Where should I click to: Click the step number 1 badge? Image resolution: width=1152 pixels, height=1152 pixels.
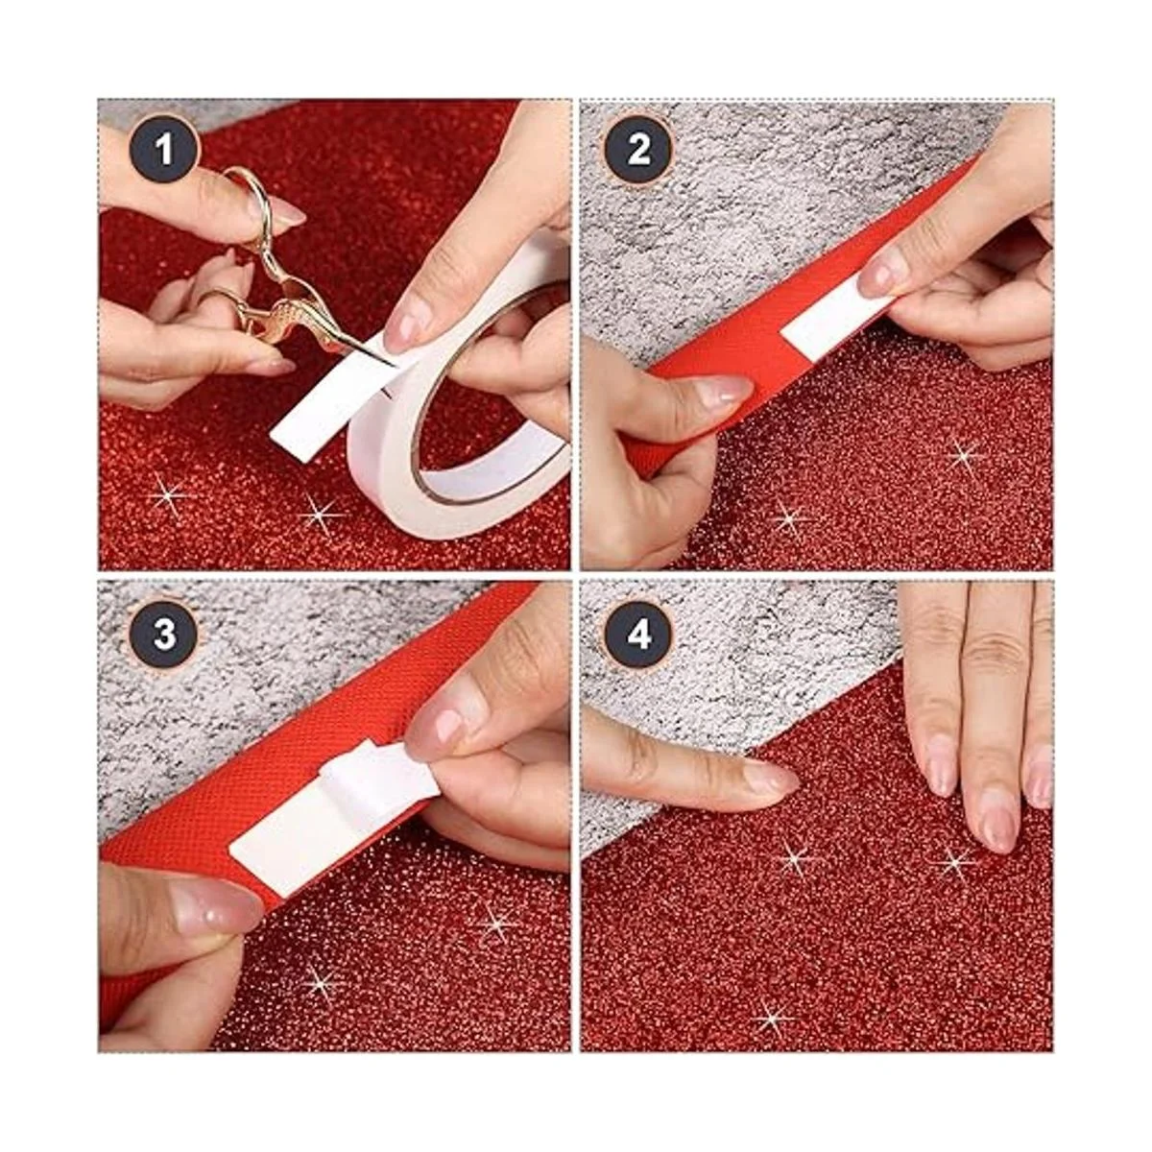[163, 150]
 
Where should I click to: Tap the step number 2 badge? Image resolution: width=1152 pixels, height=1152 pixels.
[638, 150]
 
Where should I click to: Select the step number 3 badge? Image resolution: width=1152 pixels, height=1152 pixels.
[163, 635]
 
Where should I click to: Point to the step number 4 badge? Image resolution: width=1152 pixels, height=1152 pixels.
[638, 635]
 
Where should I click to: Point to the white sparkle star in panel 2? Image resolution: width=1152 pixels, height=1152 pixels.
[964, 457]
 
